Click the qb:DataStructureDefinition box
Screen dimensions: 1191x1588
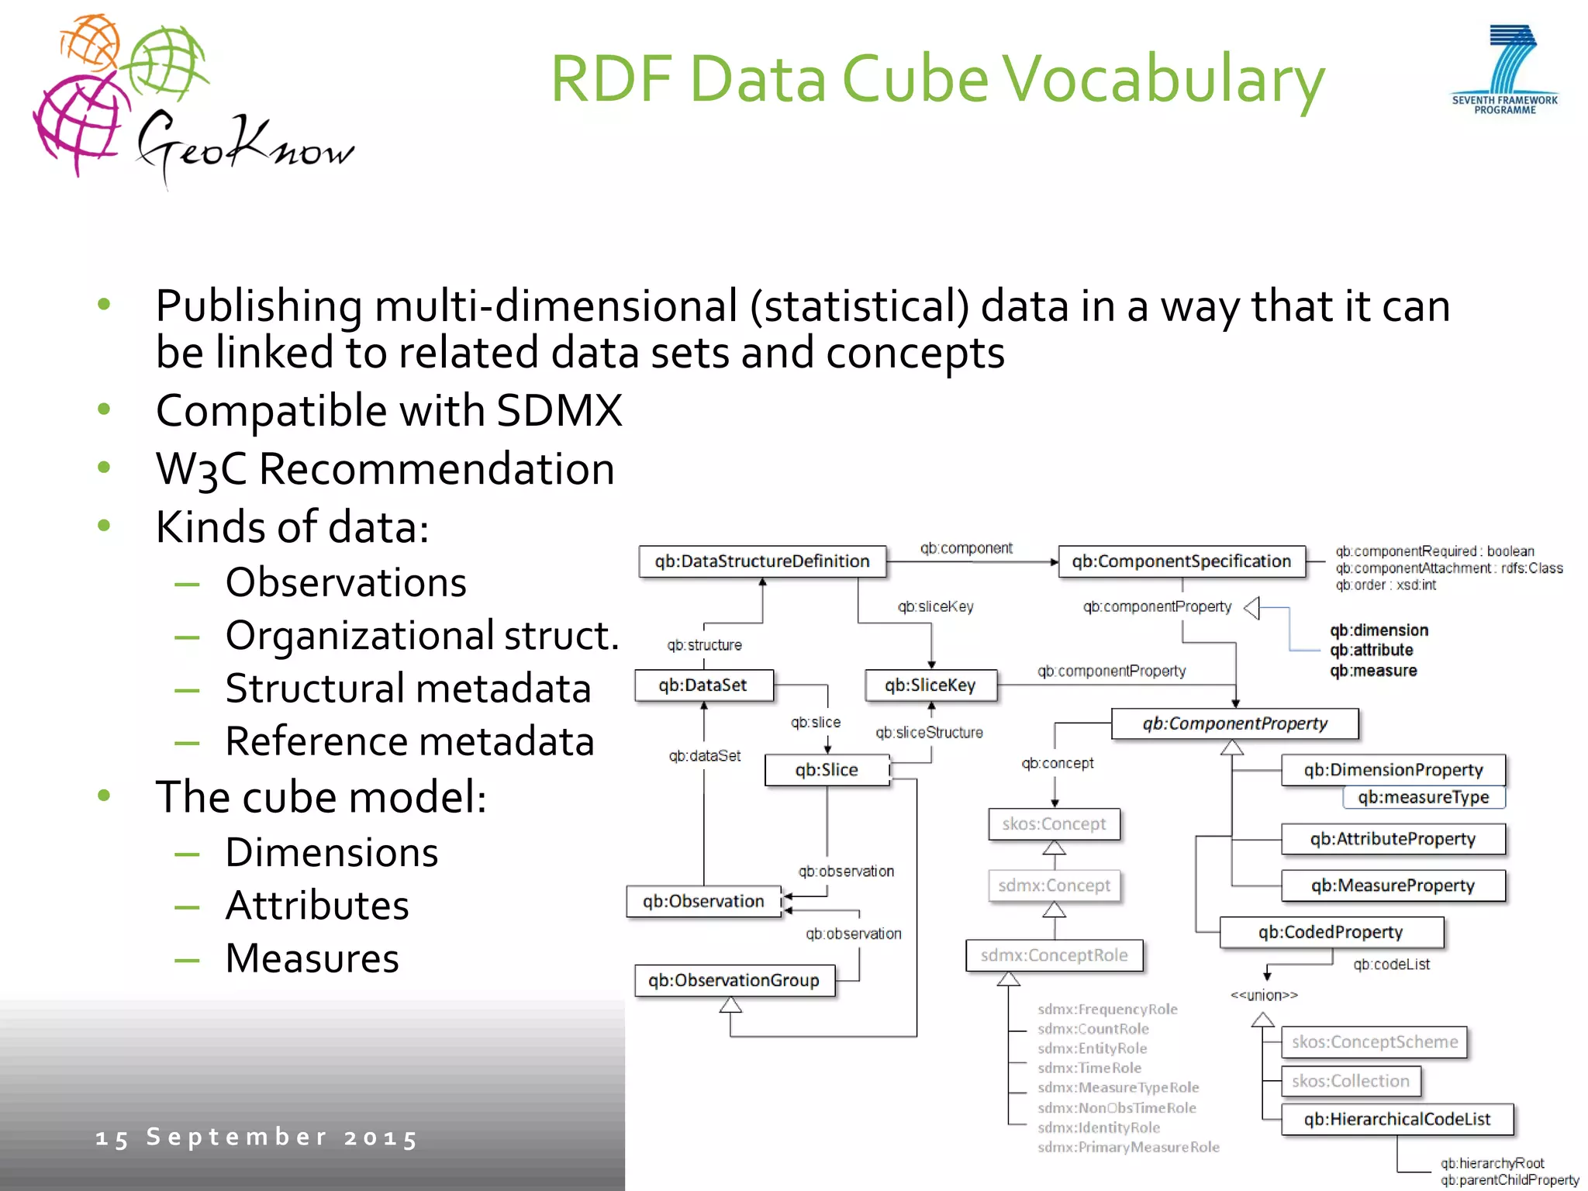pos(761,561)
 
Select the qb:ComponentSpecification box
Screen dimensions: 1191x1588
pos(1181,561)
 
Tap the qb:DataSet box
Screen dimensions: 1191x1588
pos(703,685)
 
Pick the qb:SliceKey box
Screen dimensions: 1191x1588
pos(930,685)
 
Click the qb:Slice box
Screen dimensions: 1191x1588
pos(827,770)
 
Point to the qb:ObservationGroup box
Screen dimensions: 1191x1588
pos(734,980)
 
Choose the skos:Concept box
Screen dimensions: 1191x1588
pos(1054,824)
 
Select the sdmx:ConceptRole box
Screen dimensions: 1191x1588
pos(1054,955)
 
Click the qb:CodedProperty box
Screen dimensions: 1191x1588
pos(1331,932)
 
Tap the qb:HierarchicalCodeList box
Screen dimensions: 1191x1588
pos(1396,1119)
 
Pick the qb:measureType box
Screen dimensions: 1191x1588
pos(1424,797)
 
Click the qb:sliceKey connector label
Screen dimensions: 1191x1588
pos(935,606)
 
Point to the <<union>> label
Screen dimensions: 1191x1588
pos(1264,995)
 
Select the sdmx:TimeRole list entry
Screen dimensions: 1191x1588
pos(1089,1068)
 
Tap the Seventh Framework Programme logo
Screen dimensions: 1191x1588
pos(1505,70)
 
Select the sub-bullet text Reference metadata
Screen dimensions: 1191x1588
pos(409,741)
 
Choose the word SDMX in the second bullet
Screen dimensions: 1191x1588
pos(559,410)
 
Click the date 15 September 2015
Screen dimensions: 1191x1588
pos(257,1137)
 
